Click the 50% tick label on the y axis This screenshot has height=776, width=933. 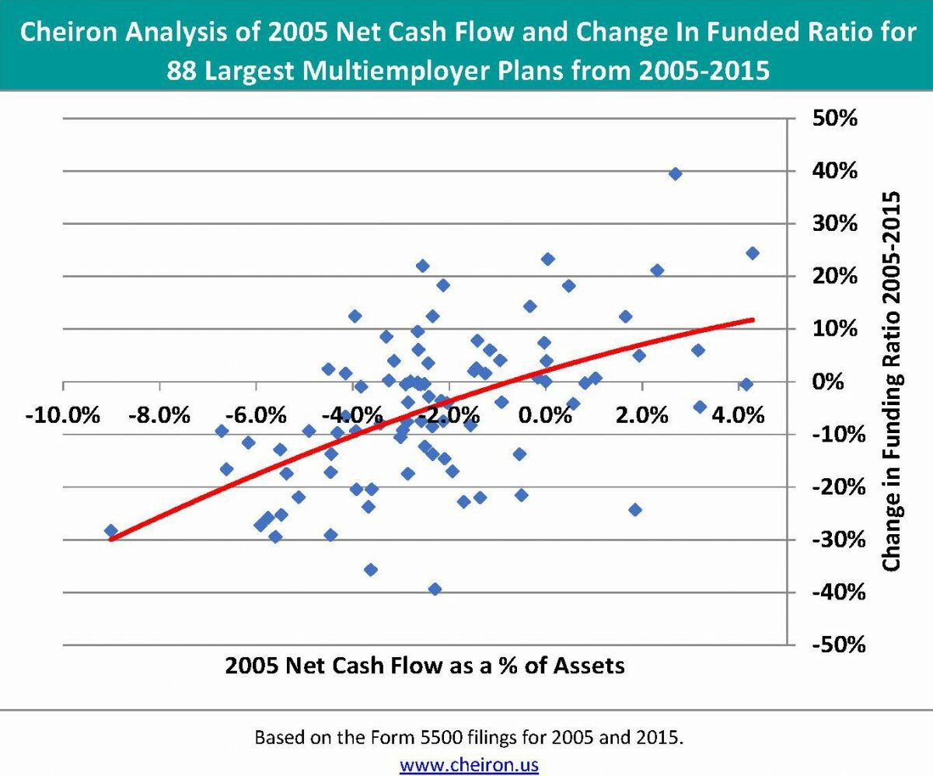pyautogui.click(x=835, y=119)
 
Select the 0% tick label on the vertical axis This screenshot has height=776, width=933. pyautogui.click(x=830, y=382)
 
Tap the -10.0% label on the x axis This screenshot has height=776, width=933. pyautogui.click(x=62, y=414)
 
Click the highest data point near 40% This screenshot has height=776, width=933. pyautogui.click(x=675, y=173)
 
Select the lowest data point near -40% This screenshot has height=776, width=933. pyautogui.click(x=435, y=589)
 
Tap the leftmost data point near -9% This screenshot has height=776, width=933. pyautogui.click(x=111, y=530)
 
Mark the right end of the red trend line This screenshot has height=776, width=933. pyautogui.click(x=752, y=320)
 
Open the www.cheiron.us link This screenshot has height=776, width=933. pyautogui.click(x=469, y=764)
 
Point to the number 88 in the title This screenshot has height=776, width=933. pyautogui.click(x=184, y=71)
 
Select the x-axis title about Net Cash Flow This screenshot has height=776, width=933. pyautogui.click(x=425, y=666)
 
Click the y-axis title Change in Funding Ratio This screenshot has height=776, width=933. pyautogui.click(x=891, y=381)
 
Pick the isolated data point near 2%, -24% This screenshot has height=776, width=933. pyautogui.click(x=635, y=509)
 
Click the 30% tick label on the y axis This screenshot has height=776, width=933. pyautogui.click(x=835, y=224)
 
